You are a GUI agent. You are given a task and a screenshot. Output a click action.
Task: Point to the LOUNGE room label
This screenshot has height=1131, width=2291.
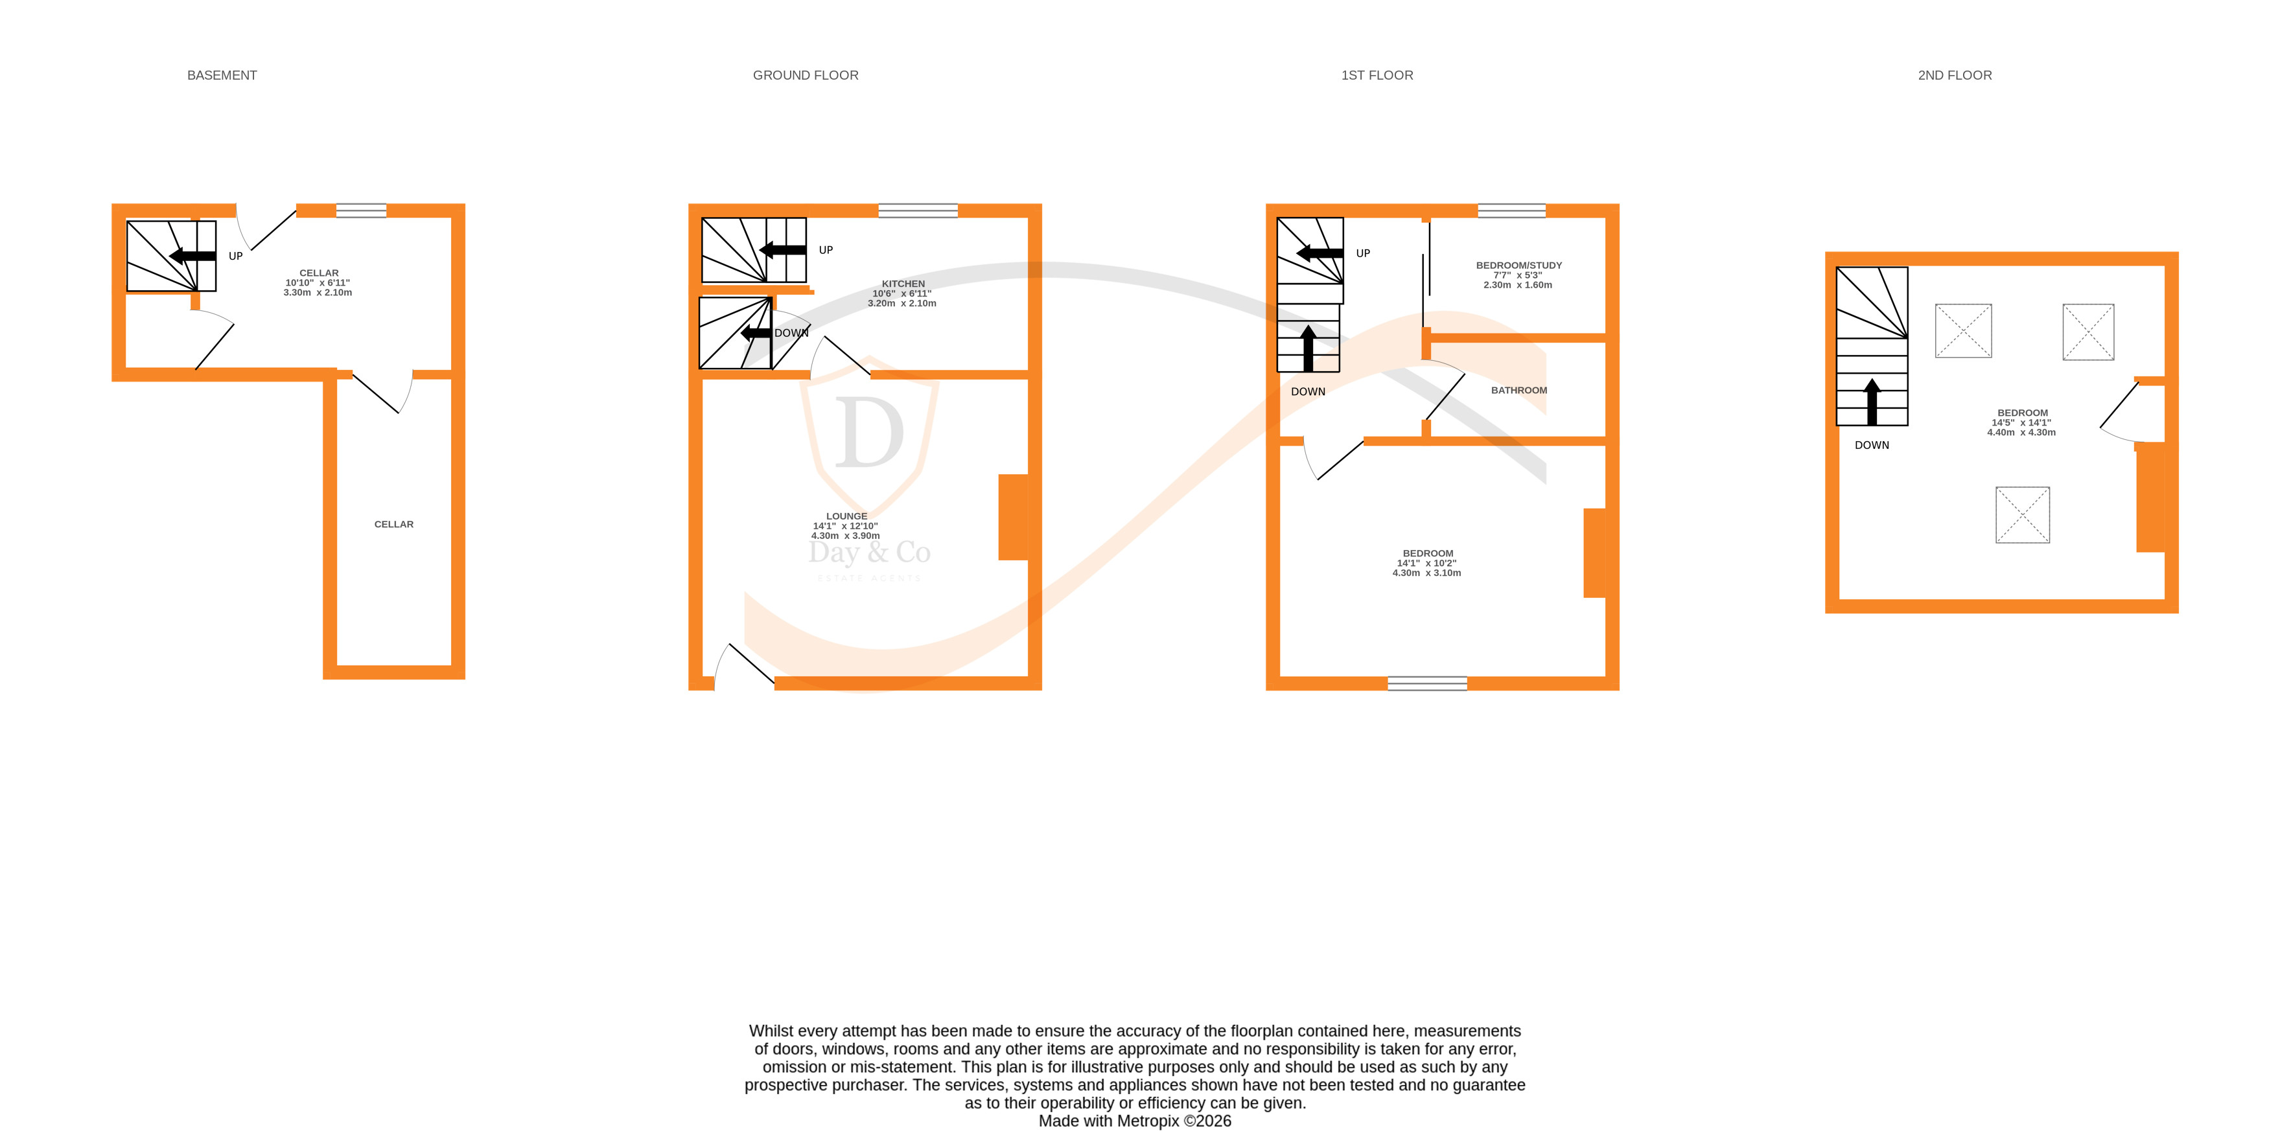point(846,516)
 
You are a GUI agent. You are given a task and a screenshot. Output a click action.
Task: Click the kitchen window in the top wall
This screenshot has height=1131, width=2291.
point(917,211)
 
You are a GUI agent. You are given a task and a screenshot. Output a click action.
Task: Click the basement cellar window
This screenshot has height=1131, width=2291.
point(360,211)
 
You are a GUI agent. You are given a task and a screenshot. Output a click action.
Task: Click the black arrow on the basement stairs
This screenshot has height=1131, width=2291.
point(192,256)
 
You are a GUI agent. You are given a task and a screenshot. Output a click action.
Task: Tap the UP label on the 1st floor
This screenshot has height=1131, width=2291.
point(1362,253)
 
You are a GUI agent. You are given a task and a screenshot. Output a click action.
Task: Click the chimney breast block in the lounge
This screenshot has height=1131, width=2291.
point(1013,517)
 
